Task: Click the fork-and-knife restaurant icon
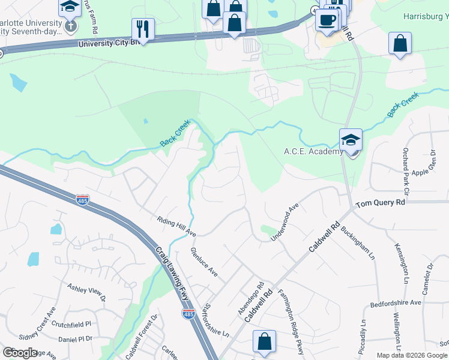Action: coord(143,28)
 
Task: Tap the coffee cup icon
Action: coord(327,19)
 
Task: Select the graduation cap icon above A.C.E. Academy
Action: coord(351,139)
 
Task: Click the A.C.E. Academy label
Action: coord(313,151)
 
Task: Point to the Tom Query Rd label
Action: coord(380,203)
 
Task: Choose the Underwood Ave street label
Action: coord(285,223)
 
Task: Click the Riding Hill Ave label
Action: coord(176,226)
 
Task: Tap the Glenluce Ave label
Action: coord(203,262)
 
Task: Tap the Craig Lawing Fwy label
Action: coord(172,270)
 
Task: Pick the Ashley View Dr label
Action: coord(86,292)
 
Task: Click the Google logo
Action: coord(20,353)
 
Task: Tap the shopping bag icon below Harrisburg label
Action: coord(400,44)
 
